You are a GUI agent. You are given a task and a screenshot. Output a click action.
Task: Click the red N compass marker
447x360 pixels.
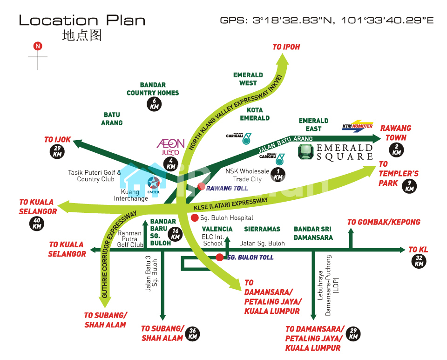38,46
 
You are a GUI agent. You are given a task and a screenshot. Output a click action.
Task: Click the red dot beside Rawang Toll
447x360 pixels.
202,186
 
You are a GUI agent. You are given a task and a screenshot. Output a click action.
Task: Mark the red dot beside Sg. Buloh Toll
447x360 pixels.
219,257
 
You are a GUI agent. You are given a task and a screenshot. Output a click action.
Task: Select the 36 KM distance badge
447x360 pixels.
192,334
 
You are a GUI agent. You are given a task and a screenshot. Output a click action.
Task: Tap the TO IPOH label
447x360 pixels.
286,47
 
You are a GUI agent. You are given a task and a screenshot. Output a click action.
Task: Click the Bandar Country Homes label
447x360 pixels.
153,89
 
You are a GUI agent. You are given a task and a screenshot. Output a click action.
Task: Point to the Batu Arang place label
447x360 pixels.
112,119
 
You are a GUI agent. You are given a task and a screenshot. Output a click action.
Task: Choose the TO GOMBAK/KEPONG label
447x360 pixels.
384,222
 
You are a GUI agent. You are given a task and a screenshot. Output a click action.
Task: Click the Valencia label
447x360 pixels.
217,229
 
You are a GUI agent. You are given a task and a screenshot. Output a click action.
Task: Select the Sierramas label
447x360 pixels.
262,229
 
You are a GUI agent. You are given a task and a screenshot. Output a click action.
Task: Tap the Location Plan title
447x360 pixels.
82,20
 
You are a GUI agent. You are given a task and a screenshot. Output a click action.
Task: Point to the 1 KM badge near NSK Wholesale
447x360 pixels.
278,175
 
